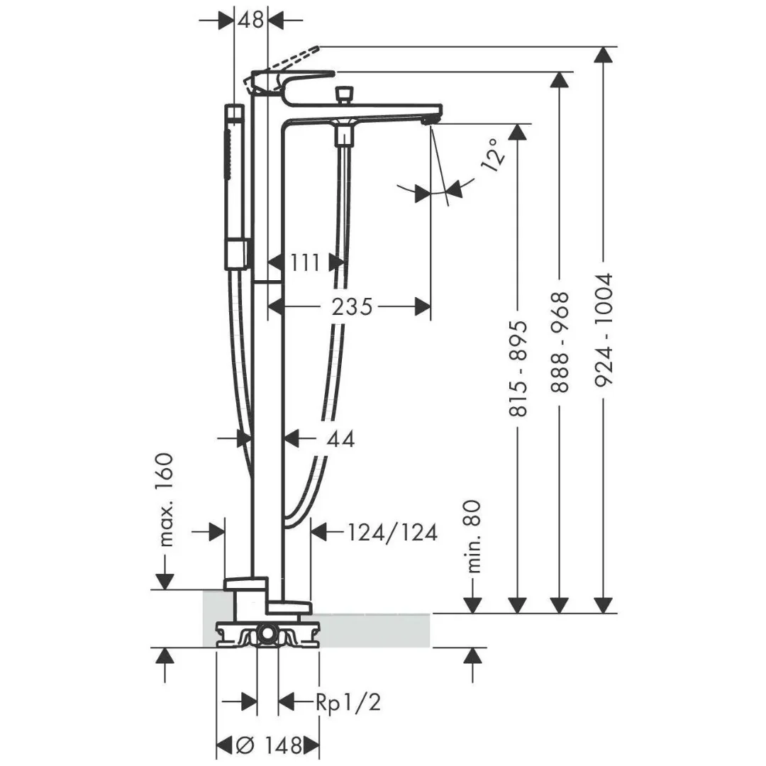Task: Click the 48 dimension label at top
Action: coord(250,20)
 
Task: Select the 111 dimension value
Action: coord(306,262)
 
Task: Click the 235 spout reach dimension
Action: coord(353,306)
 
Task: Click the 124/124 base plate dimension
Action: coord(392,532)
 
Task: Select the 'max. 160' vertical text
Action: coord(165,499)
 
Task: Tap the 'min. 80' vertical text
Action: coord(474,536)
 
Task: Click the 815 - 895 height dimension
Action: coord(519,367)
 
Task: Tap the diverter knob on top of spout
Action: coord(345,94)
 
